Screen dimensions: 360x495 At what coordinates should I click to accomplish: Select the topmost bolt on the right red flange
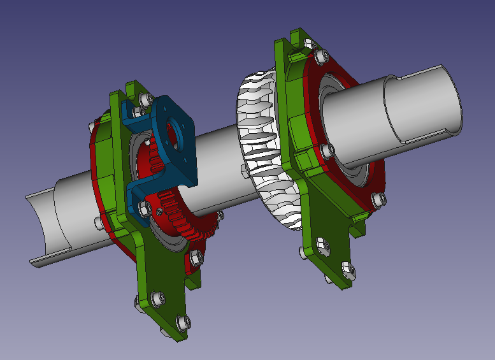(x=318, y=56)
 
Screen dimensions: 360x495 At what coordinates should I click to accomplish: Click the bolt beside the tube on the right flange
(x=328, y=150)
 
